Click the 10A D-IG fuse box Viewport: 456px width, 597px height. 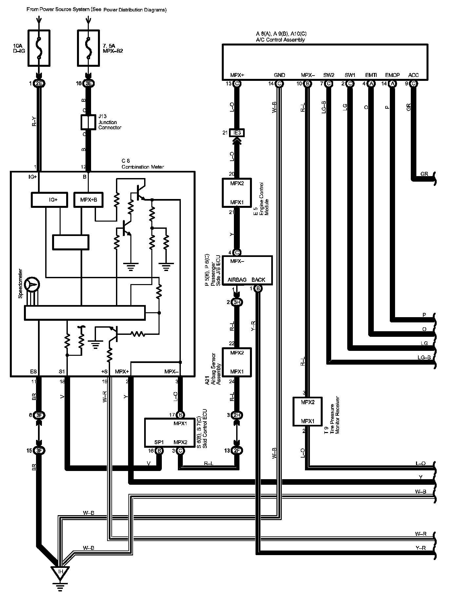point(39,48)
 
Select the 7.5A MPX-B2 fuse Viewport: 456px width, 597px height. point(88,48)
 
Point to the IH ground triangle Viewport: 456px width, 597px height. point(60,572)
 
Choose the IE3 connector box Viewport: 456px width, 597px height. point(237,133)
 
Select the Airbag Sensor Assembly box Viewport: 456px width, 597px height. point(237,362)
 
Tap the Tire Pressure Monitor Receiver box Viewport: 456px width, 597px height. point(308,411)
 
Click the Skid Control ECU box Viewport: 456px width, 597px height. point(169,432)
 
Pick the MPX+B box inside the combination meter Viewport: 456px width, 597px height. point(88,200)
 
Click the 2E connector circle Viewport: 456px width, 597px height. point(39,83)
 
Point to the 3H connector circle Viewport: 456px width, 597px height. point(237,302)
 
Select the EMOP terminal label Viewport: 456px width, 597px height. point(392,75)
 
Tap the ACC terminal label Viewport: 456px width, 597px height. point(413,75)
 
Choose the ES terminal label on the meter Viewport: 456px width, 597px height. point(33,371)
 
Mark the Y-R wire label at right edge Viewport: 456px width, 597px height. point(421,548)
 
